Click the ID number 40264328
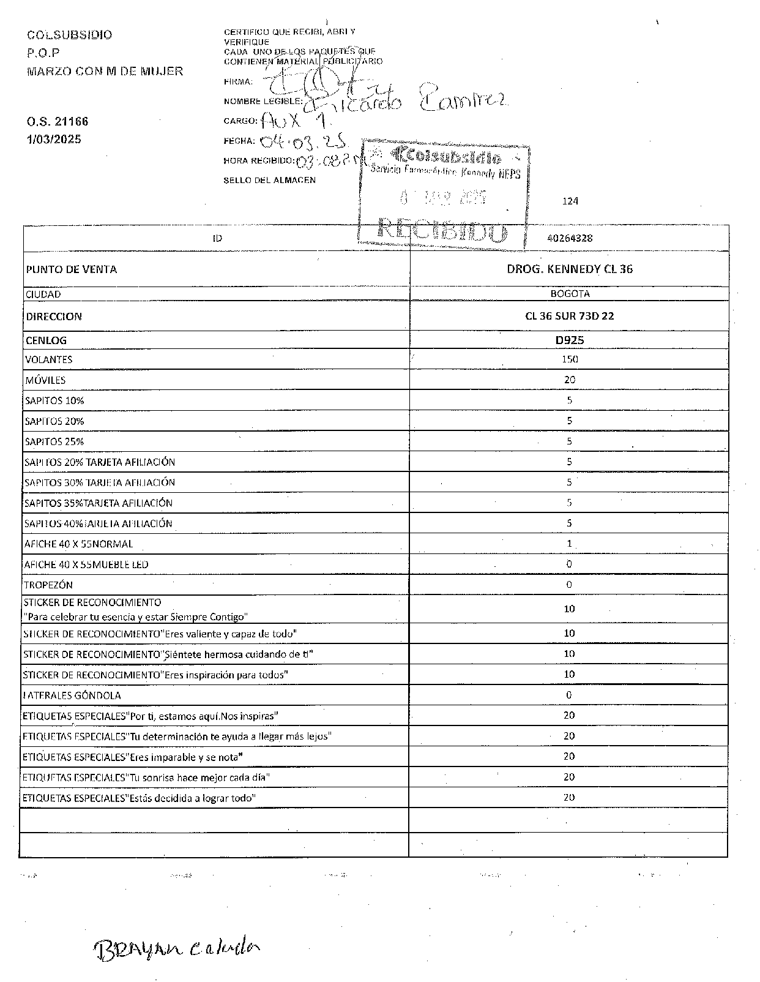pyautogui.click(x=570, y=239)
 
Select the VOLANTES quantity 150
pyautogui.click(x=570, y=359)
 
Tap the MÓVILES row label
pyautogui.click(x=45, y=380)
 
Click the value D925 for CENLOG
pyautogui.click(x=570, y=340)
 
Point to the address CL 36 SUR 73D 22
pyautogui.click(x=570, y=317)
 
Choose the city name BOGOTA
pyautogui.click(x=570, y=294)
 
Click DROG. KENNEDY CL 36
pyautogui.click(x=570, y=269)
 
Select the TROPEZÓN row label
pyautogui.click(x=48, y=585)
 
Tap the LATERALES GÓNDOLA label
pyautogui.click(x=72, y=695)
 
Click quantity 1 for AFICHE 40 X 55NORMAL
pyautogui.click(x=570, y=544)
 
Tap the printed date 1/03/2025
pyautogui.click(x=54, y=139)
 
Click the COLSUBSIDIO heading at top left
pyautogui.click(x=70, y=35)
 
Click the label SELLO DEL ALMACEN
pyautogui.click(x=270, y=180)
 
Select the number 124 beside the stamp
pyautogui.click(x=570, y=201)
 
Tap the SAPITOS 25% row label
pyautogui.click(x=54, y=441)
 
